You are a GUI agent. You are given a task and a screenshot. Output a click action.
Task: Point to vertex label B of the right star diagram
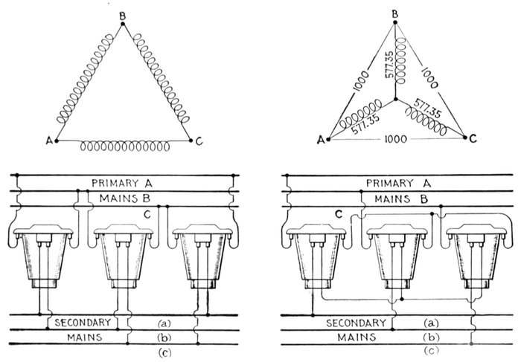395,13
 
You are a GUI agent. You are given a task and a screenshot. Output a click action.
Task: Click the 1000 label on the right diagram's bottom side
394,140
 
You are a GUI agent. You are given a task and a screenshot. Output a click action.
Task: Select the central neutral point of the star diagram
397,99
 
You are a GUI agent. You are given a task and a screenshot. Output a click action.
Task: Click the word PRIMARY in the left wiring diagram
112,183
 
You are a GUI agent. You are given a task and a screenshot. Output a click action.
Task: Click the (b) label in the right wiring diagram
429,337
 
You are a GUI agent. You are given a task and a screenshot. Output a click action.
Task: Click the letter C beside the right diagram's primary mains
337,215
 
